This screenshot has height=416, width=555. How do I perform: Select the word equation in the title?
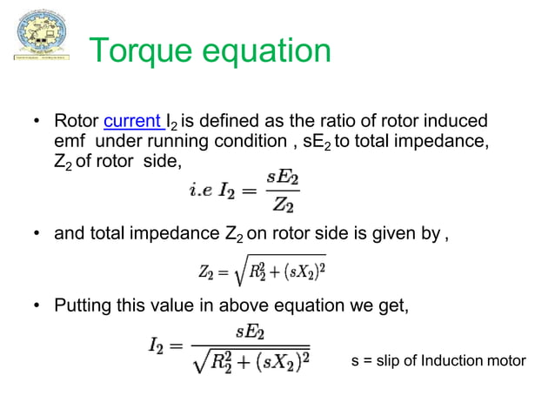point(270,51)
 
